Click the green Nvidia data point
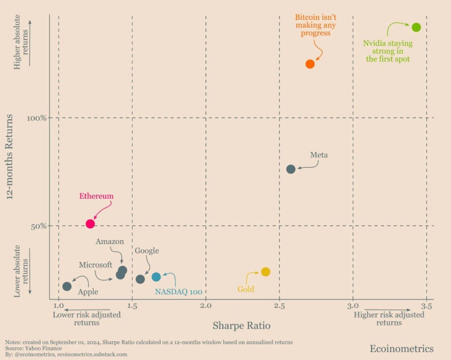point(416,27)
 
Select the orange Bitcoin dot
point(310,64)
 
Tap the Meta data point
point(291,169)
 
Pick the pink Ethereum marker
point(90,224)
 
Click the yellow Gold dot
point(265,272)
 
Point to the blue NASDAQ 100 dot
point(156,277)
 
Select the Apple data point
point(67,287)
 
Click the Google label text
point(147,251)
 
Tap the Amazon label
point(110,242)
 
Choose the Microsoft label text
point(96,265)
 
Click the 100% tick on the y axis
point(38,118)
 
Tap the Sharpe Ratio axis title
point(241,326)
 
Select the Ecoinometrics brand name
point(401,349)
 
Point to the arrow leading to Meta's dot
point(308,166)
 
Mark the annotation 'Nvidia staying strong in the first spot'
point(388,51)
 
